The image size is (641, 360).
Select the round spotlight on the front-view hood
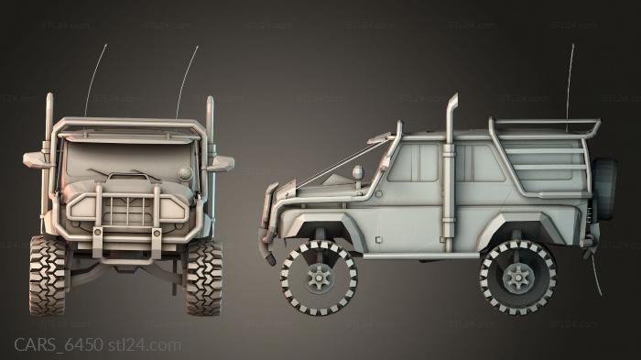[x=185, y=172]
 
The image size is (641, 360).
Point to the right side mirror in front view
[x=220, y=163]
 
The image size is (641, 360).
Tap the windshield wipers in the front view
[x=128, y=175]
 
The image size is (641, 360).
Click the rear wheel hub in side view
[x=517, y=275]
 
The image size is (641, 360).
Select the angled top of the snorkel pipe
[x=453, y=106]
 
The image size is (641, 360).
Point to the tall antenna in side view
[x=571, y=73]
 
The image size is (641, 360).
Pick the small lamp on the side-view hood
[x=357, y=171]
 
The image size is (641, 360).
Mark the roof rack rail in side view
[x=545, y=122]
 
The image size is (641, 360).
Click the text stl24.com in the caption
[x=145, y=344]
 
